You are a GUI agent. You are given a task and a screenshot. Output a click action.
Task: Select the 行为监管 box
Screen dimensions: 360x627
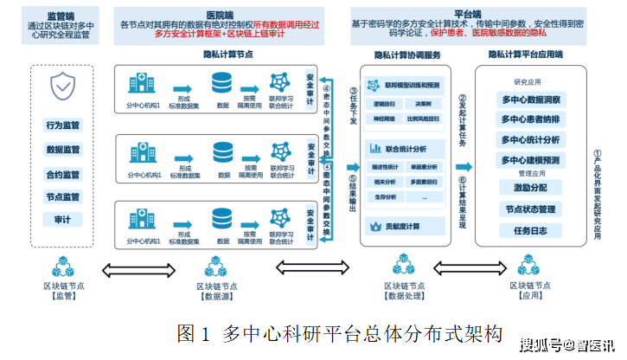pyautogui.click(x=63, y=125)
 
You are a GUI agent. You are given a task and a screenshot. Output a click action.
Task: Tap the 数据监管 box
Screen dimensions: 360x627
pyautogui.click(x=63, y=149)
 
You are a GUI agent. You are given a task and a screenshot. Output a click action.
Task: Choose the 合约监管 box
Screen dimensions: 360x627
pyautogui.click(x=63, y=173)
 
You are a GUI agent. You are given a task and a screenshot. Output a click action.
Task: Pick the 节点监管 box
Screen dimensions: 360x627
pyautogui.click(x=63, y=196)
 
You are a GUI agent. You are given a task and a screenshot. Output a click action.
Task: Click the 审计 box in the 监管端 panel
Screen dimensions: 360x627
pyautogui.click(x=63, y=220)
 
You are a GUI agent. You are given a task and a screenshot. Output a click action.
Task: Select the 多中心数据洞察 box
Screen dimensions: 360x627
pyautogui.click(x=531, y=100)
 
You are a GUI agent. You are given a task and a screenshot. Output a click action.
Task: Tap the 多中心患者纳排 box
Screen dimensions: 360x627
pyautogui.click(x=531, y=119)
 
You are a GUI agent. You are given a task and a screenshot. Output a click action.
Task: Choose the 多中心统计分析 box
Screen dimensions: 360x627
pyautogui.click(x=531, y=139)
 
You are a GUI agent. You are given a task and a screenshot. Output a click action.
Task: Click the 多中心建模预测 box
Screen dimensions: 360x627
pyautogui.click(x=531, y=160)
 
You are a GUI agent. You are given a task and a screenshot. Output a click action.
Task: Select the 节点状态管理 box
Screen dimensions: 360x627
pyautogui.click(x=529, y=209)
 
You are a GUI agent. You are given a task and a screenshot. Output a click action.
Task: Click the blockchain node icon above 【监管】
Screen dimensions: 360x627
pyautogui.click(x=64, y=266)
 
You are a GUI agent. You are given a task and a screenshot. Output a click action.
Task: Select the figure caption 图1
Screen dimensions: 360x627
pyautogui.click(x=195, y=331)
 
